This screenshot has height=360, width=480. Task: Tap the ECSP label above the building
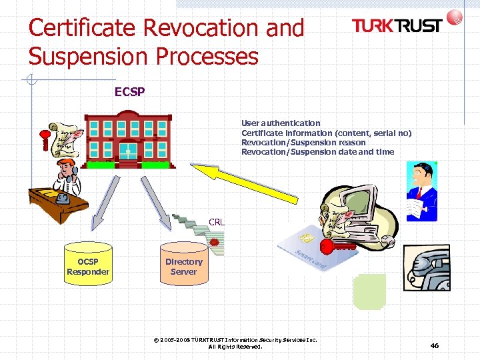pos(130,92)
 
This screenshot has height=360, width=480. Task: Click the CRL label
pos(216,222)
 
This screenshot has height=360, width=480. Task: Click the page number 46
pos(435,345)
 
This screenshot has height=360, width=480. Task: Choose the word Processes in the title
pos(207,56)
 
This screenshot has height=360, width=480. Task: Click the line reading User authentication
pos(281,123)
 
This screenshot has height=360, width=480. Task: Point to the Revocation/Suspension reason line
pos(303,142)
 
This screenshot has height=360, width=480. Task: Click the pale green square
pos(369,292)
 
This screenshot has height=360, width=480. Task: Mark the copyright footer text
pos(235,343)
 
